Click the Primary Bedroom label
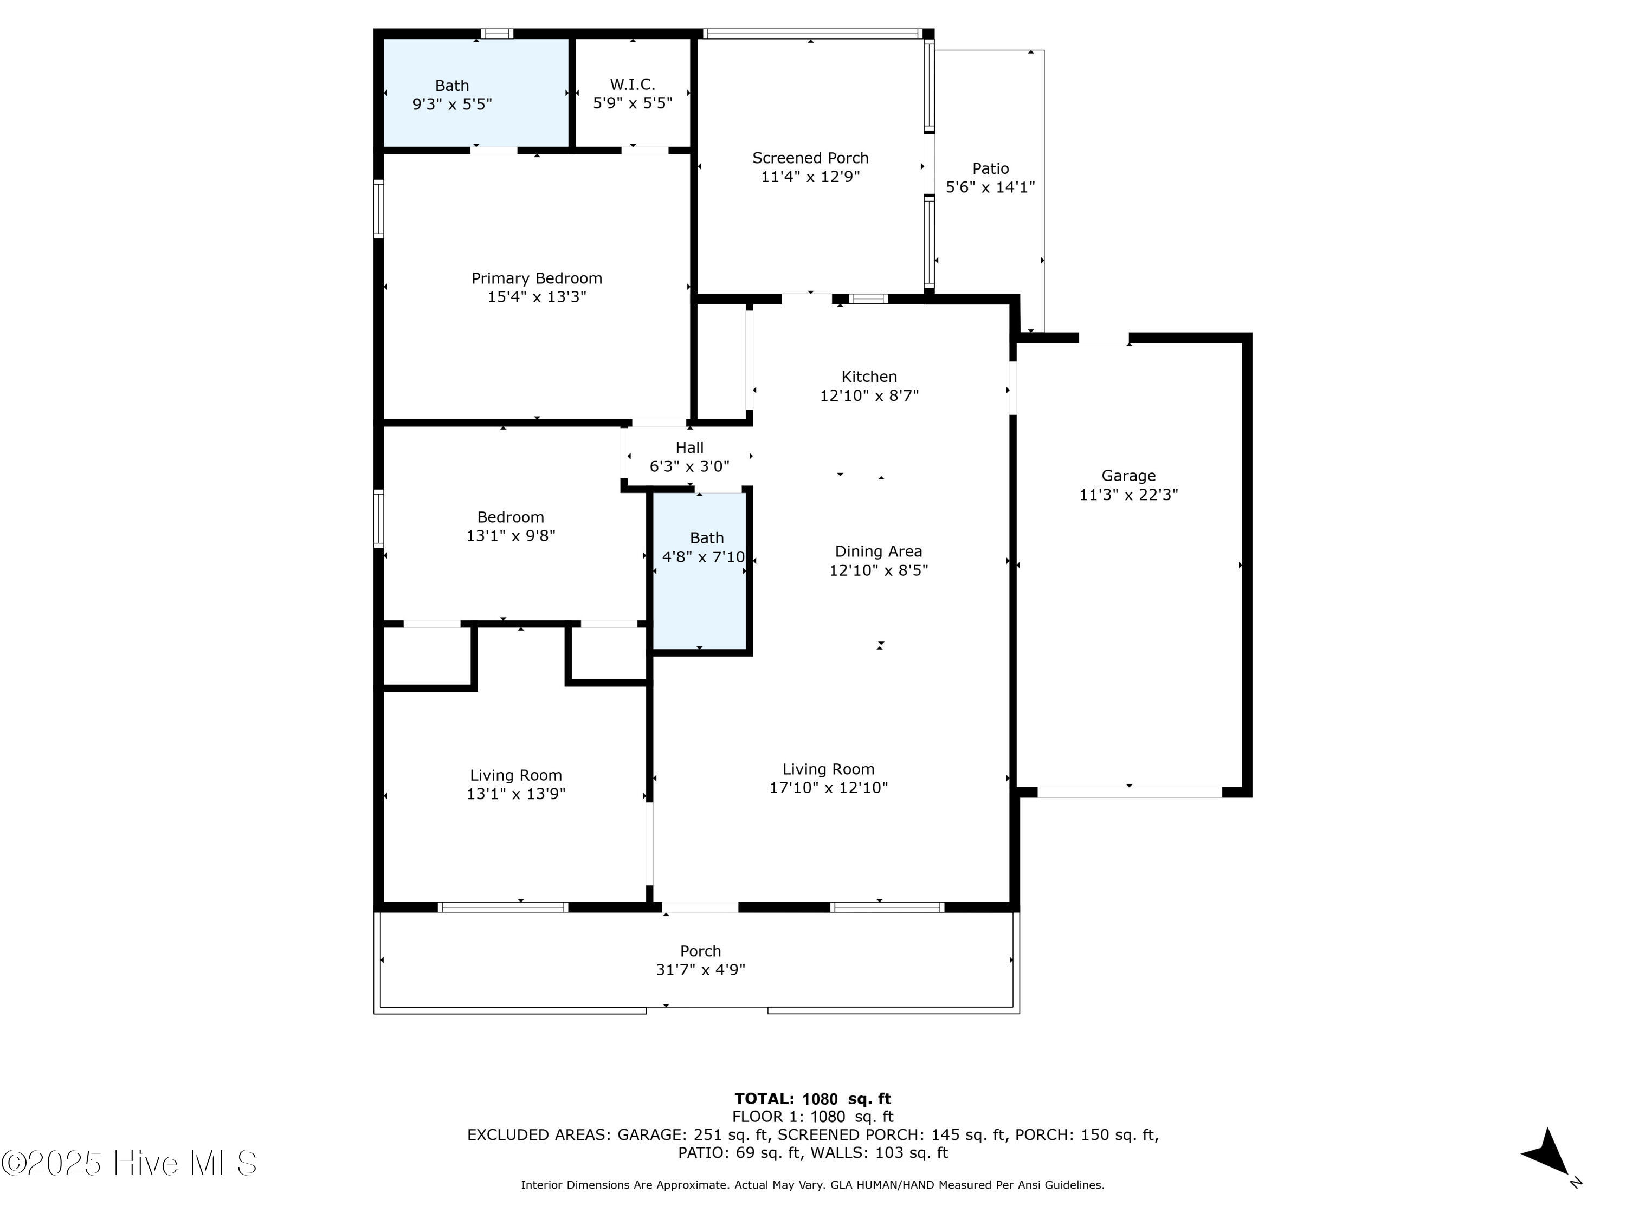coord(537,278)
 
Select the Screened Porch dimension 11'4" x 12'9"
coord(810,176)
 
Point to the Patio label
coord(990,168)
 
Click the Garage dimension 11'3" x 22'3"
coord(1128,495)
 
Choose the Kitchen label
coord(869,377)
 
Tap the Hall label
coord(689,448)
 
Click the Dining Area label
coord(879,551)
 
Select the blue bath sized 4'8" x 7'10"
coord(699,572)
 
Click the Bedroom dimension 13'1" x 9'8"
coord(511,536)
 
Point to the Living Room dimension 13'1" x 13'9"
coord(516,794)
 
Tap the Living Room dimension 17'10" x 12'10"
coord(828,788)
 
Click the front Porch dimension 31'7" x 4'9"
coord(700,969)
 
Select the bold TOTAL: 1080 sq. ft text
coord(813,1099)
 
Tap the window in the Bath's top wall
coord(497,33)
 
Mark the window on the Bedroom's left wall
coord(378,519)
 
